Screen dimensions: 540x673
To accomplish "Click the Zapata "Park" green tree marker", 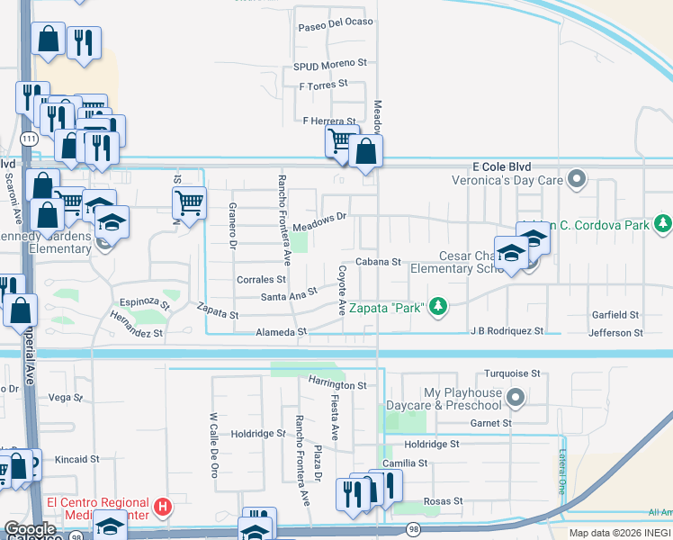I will [x=438, y=308].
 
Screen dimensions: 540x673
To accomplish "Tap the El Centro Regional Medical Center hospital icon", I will [x=162, y=508].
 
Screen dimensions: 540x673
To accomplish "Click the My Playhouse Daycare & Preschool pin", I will [x=516, y=396].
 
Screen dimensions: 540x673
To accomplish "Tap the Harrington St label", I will [x=337, y=384].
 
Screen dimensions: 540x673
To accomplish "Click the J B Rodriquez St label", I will [x=507, y=331].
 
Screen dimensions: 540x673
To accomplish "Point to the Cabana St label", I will [x=377, y=262].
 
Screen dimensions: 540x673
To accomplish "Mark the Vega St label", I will [x=65, y=397].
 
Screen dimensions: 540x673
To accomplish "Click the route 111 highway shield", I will [x=30, y=139].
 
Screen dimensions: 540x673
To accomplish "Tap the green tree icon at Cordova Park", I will [x=663, y=221].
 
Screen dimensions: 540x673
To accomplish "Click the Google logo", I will [x=31, y=530].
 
